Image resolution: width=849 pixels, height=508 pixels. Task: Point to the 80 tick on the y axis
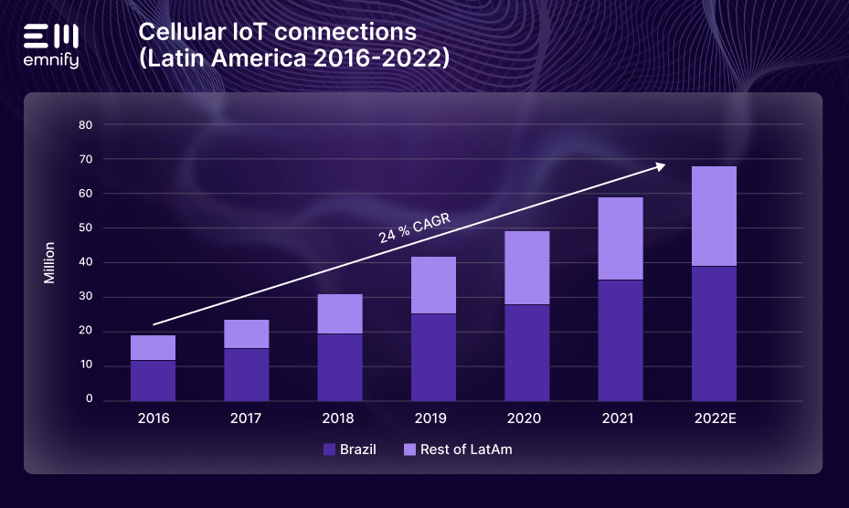(85, 125)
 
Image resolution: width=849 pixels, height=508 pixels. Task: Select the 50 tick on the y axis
(85, 228)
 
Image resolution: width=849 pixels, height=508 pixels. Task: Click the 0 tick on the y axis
(90, 400)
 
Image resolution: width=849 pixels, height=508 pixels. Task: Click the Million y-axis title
(50, 263)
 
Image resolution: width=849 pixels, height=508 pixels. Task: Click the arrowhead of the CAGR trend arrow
(659, 165)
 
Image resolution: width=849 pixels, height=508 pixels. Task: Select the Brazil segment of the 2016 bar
(153, 380)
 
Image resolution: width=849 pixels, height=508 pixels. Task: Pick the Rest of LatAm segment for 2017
(247, 333)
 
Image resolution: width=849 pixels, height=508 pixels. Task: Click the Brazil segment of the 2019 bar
(433, 356)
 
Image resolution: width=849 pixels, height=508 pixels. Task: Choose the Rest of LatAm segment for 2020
(527, 268)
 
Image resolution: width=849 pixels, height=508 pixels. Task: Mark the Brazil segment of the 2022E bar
(714, 333)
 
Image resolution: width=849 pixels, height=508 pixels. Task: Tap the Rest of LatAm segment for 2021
(621, 238)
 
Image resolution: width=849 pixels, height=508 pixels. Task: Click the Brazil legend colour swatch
(330, 450)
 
